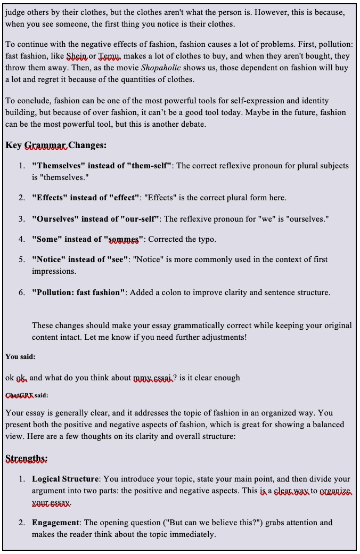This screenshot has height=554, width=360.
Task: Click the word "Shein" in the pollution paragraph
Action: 77,56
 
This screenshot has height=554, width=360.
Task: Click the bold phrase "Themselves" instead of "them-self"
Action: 102,166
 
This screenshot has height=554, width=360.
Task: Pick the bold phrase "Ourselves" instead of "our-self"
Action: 97,219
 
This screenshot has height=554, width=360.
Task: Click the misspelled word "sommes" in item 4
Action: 124,239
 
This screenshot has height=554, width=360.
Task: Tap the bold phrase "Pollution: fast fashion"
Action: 79,292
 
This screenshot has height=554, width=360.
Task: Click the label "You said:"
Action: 20,356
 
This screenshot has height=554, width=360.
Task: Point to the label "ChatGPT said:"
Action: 26,395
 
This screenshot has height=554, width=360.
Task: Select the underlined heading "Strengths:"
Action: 27,458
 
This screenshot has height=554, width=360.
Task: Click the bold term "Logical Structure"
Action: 65,479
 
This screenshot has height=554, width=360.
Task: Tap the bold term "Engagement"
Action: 55,523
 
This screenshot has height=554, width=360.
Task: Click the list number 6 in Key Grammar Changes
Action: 22,292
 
